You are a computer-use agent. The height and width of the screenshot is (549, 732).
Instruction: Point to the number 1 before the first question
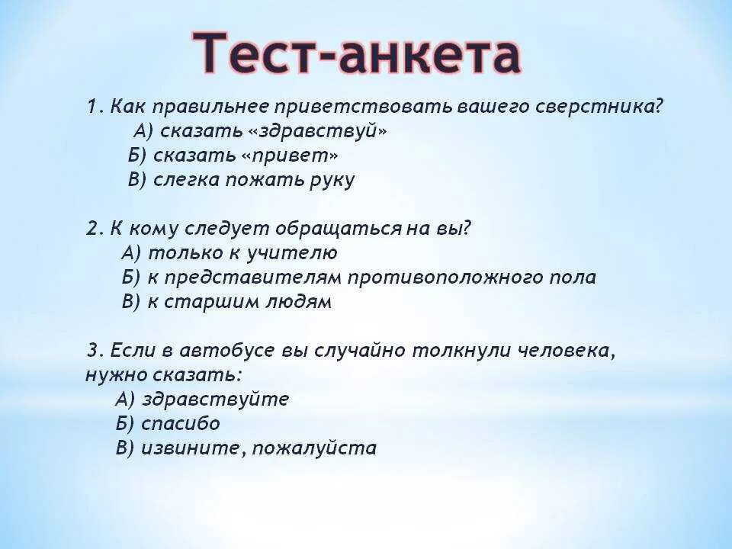(91, 107)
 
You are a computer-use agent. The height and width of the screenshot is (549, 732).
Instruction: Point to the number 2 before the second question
(91, 229)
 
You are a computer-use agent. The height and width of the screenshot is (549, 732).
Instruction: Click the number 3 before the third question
(92, 351)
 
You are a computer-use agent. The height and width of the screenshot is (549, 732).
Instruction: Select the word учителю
(297, 253)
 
